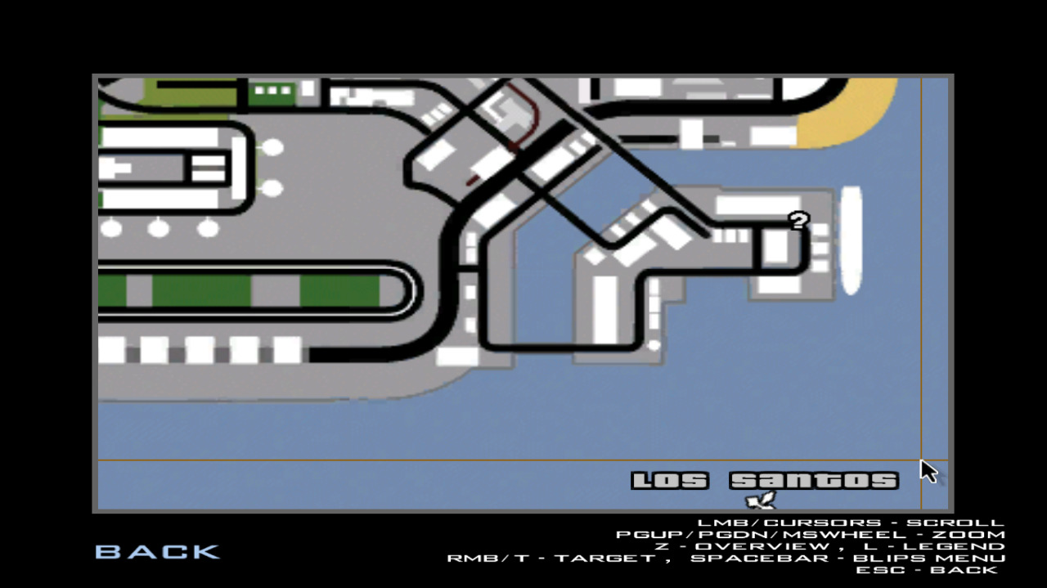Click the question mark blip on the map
tap(799, 220)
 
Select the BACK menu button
tap(158, 552)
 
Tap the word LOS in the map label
tap(670, 481)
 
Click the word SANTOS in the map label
tap(814, 481)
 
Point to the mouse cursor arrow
tap(928, 471)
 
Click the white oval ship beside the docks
tap(852, 240)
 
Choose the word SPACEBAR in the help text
tap(761, 558)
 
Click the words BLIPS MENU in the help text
tap(929, 558)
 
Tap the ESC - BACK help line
tap(927, 570)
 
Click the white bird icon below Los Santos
tap(761, 500)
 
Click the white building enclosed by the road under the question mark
tap(776, 247)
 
